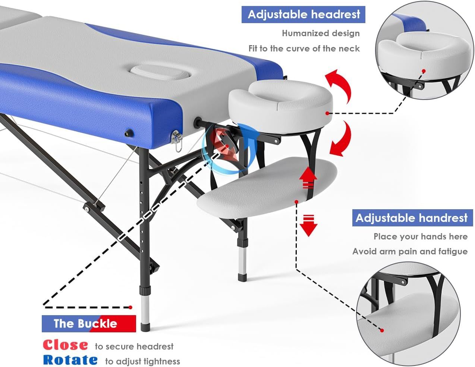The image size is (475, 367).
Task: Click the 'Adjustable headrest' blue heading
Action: coord(303,15)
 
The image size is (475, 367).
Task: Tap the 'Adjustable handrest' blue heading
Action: coord(412,218)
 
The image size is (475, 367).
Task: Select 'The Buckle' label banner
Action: coord(89,323)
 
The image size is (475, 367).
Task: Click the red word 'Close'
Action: coord(65,345)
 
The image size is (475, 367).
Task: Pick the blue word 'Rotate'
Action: coord(70,360)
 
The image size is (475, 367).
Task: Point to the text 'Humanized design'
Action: coord(321,33)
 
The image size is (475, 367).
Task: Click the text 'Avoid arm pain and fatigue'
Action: coord(410,251)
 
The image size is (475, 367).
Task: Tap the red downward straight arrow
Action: coord(308,225)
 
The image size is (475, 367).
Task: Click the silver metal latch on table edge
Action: coord(176,138)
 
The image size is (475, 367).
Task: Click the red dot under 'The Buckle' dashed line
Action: coord(130,307)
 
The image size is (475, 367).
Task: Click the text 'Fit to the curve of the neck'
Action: coord(304,48)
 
